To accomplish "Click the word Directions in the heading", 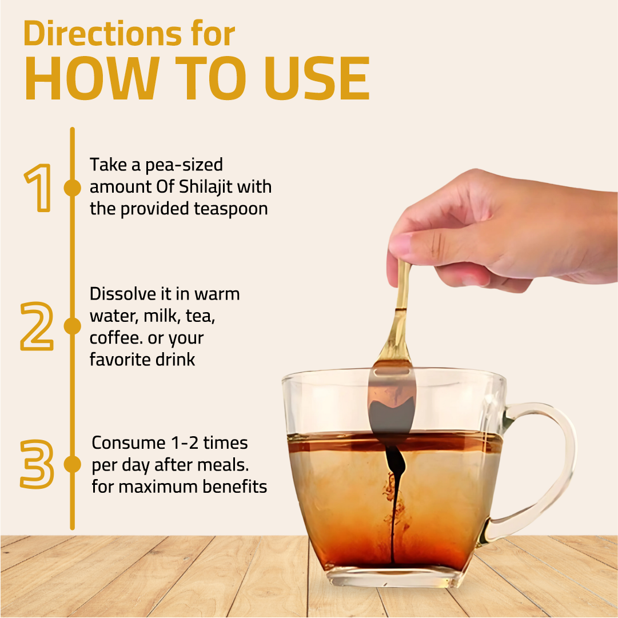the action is (x=103, y=33).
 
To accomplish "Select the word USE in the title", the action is (x=317, y=78).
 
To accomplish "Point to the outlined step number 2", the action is (x=37, y=326).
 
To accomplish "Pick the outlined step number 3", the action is (x=37, y=464).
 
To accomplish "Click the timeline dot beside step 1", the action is (x=73, y=188).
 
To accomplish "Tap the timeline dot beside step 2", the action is (x=73, y=326).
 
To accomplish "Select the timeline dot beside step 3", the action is (x=73, y=464).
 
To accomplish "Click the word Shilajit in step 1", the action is (x=202, y=187).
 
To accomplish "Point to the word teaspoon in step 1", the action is (x=230, y=209).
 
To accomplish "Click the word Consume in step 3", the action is (x=129, y=443).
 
